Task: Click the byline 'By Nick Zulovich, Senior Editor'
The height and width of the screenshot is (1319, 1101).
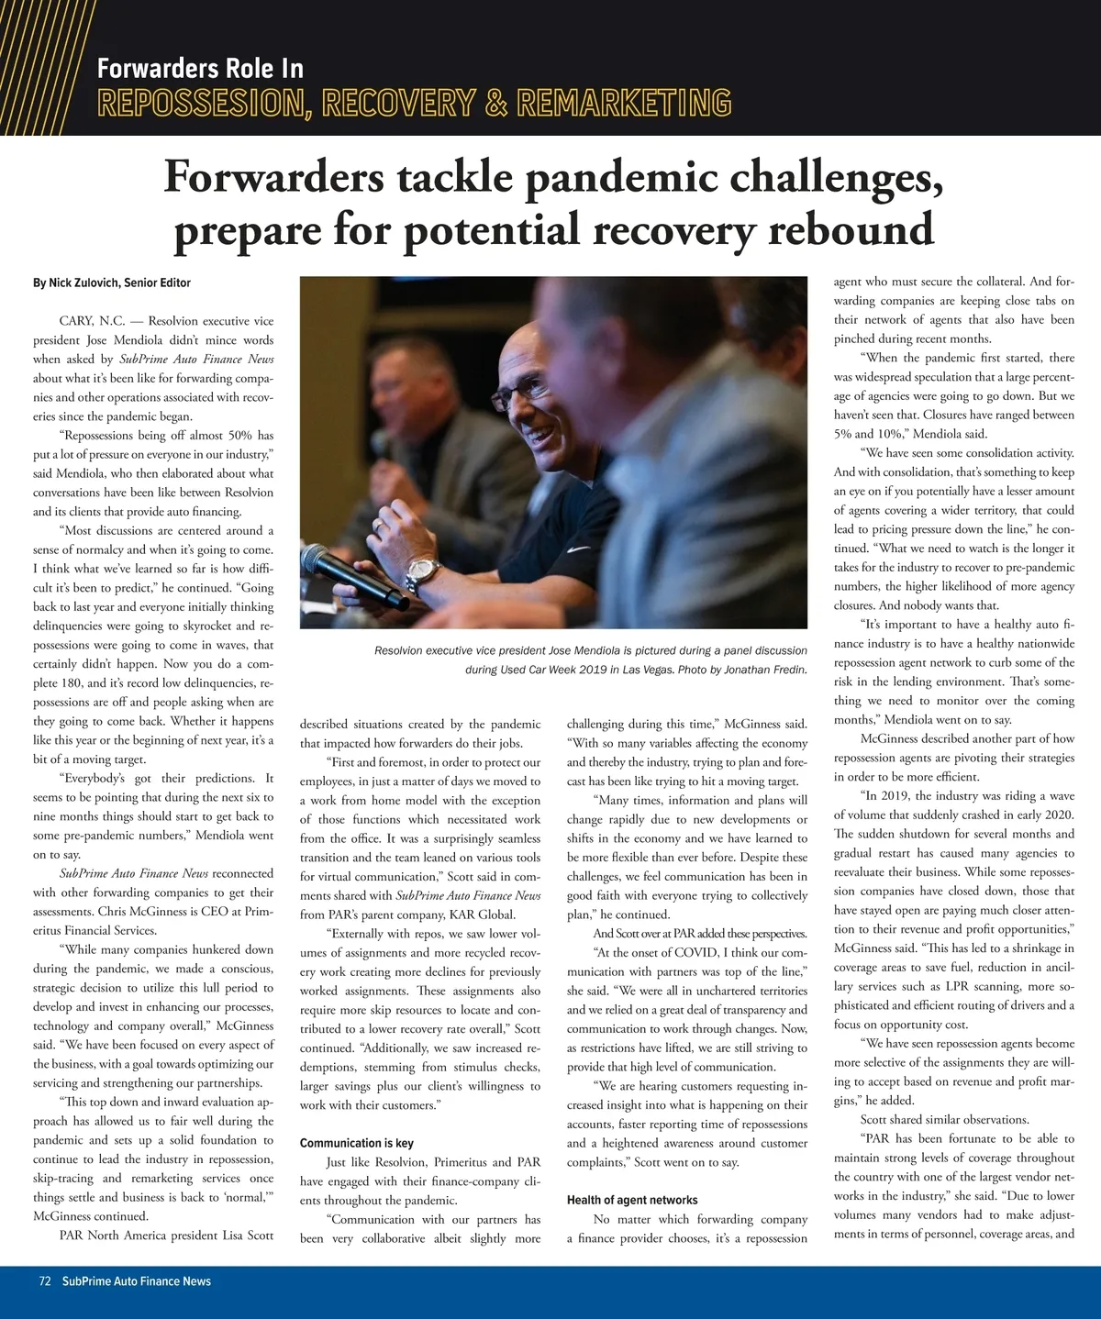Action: pos(112,283)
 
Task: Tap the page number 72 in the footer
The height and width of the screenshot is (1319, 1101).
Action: pos(44,1280)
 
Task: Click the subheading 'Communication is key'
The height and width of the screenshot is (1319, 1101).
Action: pos(356,1143)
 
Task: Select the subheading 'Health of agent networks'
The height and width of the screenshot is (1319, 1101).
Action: pos(632,1200)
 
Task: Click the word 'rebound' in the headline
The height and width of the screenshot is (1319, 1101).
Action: pos(851,229)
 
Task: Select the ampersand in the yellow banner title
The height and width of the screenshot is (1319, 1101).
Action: pos(496,103)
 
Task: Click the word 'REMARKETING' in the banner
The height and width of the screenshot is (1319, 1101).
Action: pos(624,103)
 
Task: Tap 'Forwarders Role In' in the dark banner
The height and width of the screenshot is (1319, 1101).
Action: pos(200,69)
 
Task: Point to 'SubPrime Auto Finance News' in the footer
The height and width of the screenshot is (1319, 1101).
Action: pos(137,1280)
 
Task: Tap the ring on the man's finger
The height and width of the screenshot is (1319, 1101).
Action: pos(377,524)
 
